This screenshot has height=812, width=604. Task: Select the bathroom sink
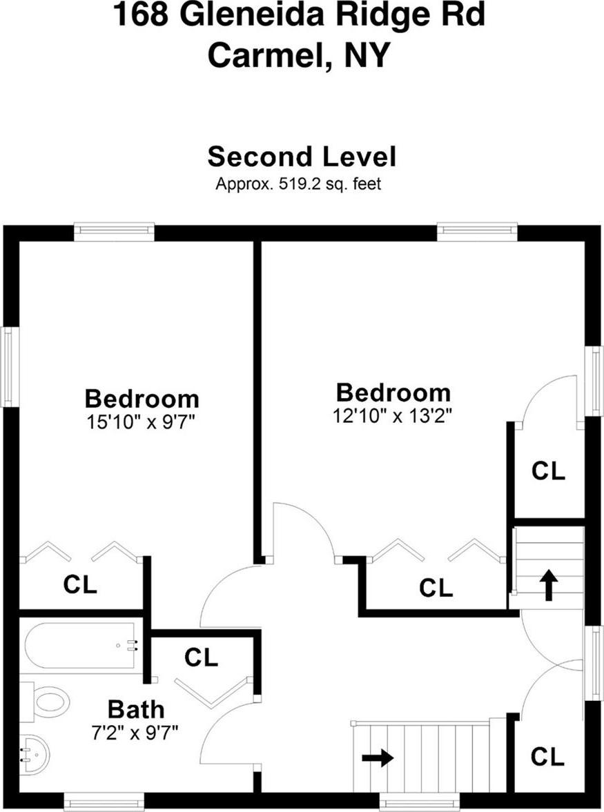pos(35,754)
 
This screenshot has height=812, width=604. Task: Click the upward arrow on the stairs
pos(549,584)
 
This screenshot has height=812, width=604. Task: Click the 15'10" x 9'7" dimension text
pos(140,422)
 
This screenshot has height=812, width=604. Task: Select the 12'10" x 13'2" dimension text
pos(393,415)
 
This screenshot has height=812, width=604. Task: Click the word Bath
pos(136,709)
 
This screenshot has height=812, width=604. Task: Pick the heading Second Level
pos(302,157)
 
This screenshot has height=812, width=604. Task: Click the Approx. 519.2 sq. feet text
pos(298,184)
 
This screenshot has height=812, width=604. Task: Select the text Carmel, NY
pos(298,55)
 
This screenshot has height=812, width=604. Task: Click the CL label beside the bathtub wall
pos(201,657)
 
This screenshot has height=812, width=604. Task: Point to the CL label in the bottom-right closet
pos(547,757)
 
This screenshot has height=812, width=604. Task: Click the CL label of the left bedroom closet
pos(80,584)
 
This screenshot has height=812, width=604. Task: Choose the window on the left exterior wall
pos(8,366)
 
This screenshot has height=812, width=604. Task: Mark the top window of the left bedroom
pos(114,232)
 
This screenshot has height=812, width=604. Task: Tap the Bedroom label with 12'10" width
pos(393,393)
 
